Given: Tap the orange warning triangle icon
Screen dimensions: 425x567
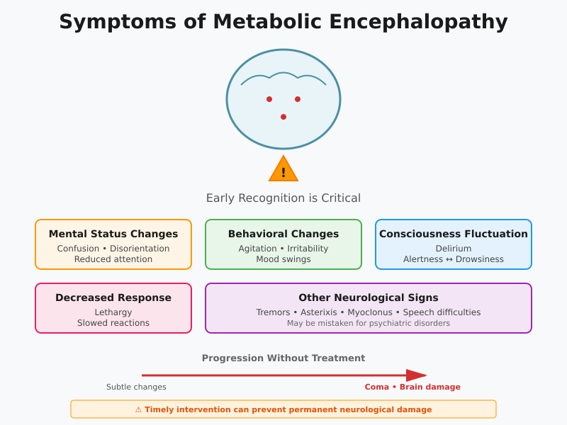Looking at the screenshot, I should coord(283,170).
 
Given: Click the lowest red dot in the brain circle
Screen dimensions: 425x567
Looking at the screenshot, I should coord(283,117).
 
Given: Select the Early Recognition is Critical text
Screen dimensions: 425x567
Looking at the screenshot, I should coord(283,198).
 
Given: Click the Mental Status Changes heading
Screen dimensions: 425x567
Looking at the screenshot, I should coord(113,234).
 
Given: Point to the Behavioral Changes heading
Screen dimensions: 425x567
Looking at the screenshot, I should coord(283,234).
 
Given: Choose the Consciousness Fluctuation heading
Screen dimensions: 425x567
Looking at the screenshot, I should coord(454,234).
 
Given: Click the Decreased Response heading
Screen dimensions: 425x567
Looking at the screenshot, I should coord(113,297).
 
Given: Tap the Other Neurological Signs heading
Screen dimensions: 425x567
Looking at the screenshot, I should coord(369,297).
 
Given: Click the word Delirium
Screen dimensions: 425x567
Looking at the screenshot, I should coord(454,249).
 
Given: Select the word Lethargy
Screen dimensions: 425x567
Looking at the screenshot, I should coord(113,312).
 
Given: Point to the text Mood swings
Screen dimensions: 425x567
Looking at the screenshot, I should coord(283,259).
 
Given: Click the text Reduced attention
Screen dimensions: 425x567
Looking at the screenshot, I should coord(113,259).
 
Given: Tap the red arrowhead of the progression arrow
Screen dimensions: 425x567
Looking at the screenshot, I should coord(416,375).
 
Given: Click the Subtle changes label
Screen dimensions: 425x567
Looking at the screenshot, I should coord(136,387).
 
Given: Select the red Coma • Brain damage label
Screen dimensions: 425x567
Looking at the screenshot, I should coord(412,387).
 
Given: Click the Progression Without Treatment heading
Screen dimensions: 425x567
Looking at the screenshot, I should coord(283,358).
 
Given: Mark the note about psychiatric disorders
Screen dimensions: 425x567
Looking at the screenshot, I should coord(369,323).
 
